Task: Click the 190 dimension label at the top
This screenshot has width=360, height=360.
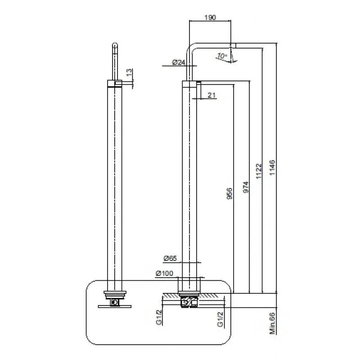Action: click(210, 18)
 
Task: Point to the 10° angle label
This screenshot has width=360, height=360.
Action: click(221, 56)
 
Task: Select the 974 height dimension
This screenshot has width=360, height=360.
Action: click(246, 186)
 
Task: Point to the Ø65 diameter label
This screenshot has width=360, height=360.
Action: click(170, 258)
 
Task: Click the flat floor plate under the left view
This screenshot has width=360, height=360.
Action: click(115, 307)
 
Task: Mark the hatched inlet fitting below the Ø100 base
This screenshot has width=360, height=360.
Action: click(189, 301)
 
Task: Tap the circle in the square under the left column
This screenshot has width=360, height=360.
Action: click(116, 302)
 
